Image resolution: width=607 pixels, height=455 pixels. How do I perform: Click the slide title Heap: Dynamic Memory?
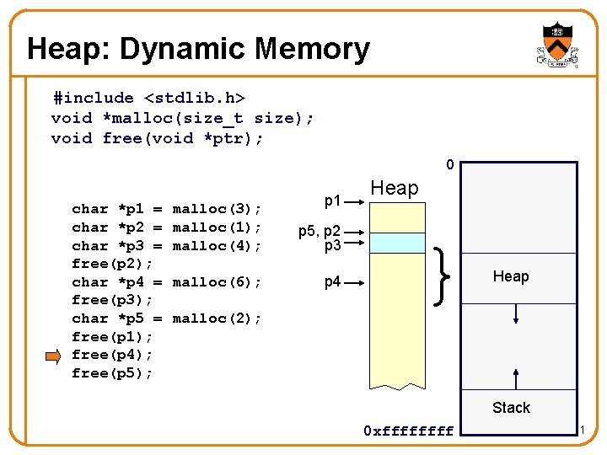coord(198,49)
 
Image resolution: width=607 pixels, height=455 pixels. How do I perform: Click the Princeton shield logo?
coord(556,45)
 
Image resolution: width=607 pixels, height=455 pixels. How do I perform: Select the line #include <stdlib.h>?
coord(148,98)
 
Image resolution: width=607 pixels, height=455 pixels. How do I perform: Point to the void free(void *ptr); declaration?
coord(157,138)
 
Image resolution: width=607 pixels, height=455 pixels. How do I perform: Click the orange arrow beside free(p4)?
coord(53,355)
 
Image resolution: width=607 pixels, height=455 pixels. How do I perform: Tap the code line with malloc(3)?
coord(167,209)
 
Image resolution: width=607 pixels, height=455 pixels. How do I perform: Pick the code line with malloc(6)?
coord(167,282)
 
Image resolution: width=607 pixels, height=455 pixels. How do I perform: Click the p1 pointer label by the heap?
coord(333,201)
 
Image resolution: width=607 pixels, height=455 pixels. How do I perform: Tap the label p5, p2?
coord(320,230)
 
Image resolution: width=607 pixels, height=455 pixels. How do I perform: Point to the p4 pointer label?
coord(333,282)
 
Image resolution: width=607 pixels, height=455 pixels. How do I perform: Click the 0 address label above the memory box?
coord(450,165)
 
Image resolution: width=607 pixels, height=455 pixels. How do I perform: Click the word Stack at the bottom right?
coord(511,408)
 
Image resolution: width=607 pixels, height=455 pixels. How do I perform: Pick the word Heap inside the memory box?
coord(511,276)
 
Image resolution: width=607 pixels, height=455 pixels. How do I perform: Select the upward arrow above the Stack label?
coord(516,377)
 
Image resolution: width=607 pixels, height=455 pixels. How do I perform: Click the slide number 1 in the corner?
coord(582,431)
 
